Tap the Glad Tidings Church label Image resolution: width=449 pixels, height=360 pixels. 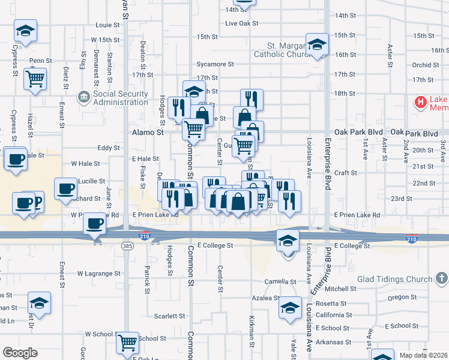coord(394,279)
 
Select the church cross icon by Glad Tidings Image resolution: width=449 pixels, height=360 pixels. coord(441,278)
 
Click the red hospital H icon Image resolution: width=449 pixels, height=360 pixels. coord(420,103)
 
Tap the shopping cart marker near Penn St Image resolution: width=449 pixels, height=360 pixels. coord(35,78)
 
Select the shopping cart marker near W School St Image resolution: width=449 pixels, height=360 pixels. coord(128,343)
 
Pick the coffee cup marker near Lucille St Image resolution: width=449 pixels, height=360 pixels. coord(65,188)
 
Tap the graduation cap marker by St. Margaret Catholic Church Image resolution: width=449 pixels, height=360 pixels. coord(317,44)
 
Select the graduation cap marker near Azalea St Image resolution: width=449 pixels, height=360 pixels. coord(290,309)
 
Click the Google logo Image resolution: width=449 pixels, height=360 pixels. coord(20,353)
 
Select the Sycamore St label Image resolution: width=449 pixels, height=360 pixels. coord(215,64)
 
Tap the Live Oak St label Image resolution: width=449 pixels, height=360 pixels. coord(241,23)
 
